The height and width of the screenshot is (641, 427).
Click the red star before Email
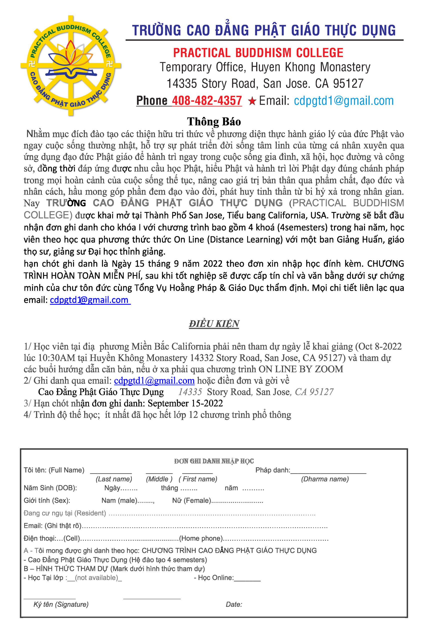click(252, 101)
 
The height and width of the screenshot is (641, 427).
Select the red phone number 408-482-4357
click(207, 101)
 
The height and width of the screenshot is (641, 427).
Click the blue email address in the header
click(344, 101)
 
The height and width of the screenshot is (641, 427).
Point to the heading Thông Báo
click(214, 121)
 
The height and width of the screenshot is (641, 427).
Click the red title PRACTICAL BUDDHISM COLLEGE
click(258, 53)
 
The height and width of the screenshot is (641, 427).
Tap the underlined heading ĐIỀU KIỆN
click(214, 324)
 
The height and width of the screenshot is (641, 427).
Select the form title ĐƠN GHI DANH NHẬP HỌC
click(214, 461)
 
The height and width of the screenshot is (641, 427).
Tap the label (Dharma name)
click(325, 479)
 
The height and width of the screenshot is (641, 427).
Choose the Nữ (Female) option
click(191, 501)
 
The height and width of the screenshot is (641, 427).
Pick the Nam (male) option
click(119, 501)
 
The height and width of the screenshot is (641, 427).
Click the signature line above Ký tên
click(50, 598)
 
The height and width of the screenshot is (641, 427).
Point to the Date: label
click(234, 604)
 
